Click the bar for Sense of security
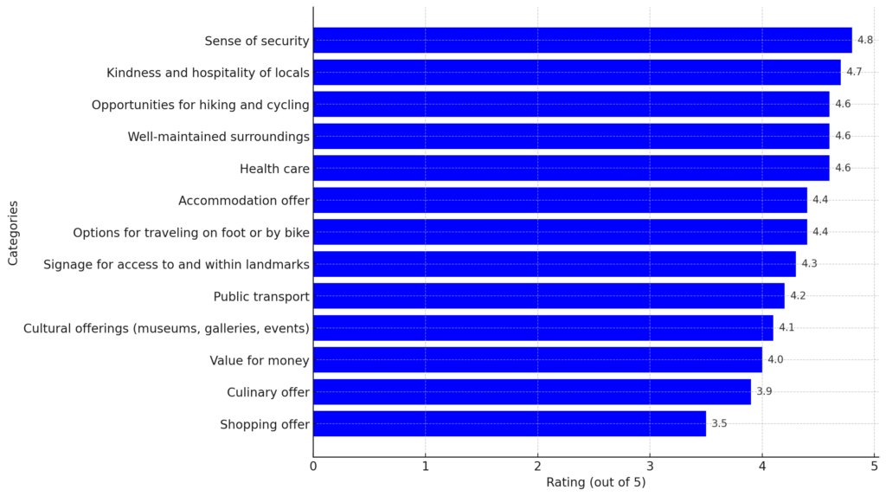(582, 40)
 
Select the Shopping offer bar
(510, 423)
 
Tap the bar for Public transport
(549, 296)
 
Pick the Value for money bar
(537, 359)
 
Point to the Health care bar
(571, 168)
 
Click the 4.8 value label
(864, 40)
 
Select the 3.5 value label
(719, 423)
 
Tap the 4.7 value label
(853, 72)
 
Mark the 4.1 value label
(786, 327)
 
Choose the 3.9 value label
(764, 391)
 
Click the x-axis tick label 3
(650, 466)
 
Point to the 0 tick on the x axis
(313, 466)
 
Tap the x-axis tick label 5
(874, 466)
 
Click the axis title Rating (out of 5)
(595, 482)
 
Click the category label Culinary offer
(268, 392)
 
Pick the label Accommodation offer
(244, 200)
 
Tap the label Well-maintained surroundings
(218, 136)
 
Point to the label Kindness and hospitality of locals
(208, 73)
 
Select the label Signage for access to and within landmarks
(177, 264)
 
